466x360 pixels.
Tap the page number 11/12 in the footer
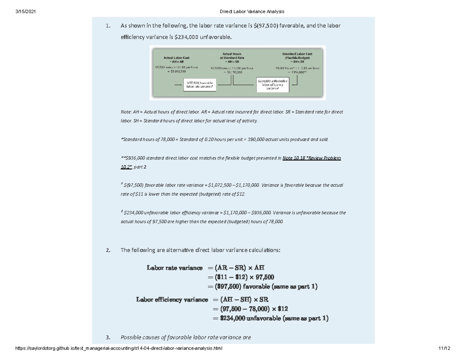click(443, 348)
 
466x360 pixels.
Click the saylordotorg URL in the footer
click(118, 348)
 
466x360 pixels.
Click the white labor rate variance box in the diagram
click(200, 85)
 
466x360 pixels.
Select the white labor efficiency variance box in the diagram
click(272, 85)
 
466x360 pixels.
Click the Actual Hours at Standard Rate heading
click(231, 57)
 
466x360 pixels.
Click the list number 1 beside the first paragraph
click(108, 26)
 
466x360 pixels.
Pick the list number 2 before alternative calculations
click(108, 250)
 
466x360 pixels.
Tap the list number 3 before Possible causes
click(108, 337)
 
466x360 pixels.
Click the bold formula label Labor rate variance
click(174, 268)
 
